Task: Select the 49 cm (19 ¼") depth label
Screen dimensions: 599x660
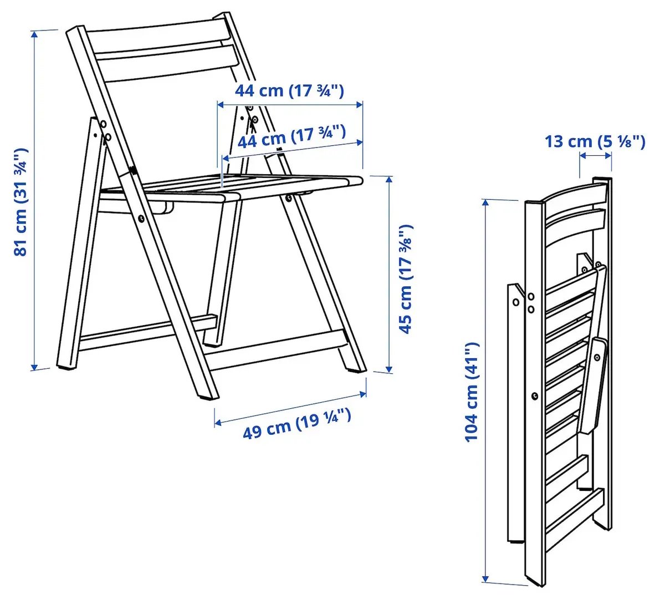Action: [296, 423]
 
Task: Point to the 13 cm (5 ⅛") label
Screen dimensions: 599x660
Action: [595, 141]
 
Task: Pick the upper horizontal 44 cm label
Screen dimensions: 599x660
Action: [289, 90]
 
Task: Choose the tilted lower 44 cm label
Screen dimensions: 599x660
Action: [291, 137]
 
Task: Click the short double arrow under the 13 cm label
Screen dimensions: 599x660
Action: [595, 156]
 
